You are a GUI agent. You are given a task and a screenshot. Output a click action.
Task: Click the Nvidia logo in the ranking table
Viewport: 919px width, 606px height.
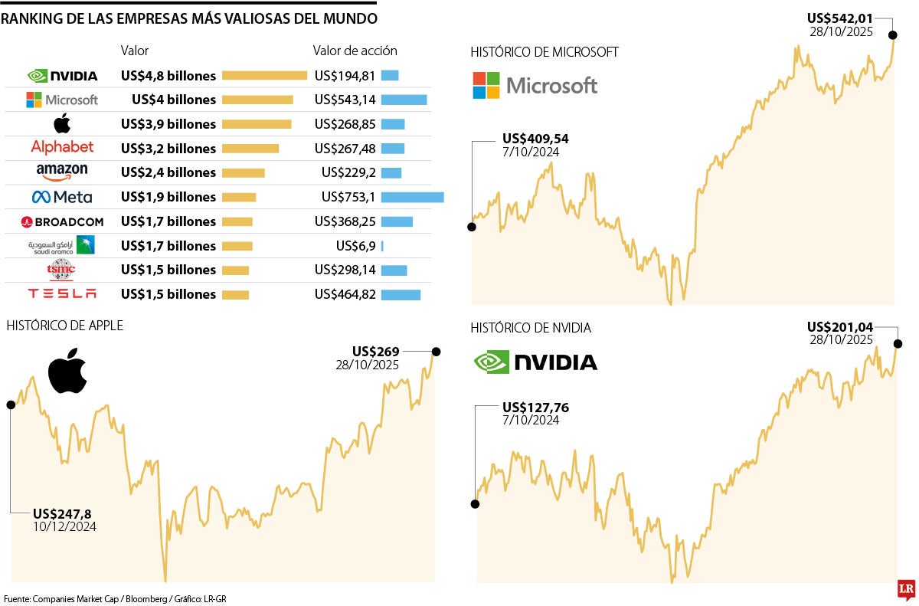[x=62, y=76]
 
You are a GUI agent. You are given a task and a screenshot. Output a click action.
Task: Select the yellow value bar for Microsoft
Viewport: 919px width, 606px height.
[x=257, y=100]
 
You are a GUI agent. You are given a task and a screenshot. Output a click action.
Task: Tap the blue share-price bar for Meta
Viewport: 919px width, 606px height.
[x=412, y=197]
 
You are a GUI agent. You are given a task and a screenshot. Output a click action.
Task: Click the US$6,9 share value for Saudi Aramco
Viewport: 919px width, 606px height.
[x=355, y=246]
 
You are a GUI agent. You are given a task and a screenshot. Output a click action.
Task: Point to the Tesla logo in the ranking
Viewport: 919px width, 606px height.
[x=62, y=294]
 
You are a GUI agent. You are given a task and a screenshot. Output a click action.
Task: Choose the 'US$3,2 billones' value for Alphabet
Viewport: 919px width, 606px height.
[x=168, y=148]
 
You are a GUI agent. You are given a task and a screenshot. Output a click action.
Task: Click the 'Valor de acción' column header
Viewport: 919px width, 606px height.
[x=355, y=51]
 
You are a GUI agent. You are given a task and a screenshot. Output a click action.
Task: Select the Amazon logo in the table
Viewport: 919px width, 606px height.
[x=62, y=172]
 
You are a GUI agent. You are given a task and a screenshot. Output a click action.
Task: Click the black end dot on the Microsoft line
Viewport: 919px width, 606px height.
[x=892, y=34]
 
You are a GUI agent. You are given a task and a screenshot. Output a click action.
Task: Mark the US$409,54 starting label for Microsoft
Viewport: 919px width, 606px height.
[x=535, y=139]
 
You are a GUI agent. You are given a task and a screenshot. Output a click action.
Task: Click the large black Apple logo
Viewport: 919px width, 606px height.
[x=67, y=372]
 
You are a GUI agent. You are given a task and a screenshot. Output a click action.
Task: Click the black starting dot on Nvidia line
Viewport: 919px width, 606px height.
[x=475, y=504]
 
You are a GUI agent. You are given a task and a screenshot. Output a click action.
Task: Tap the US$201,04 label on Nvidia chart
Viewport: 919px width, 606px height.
[x=840, y=326]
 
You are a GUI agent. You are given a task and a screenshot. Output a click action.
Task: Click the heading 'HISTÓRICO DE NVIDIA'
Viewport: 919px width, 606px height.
[x=531, y=328]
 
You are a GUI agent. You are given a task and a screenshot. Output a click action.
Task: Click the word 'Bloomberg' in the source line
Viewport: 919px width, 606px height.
[x=127, y=598]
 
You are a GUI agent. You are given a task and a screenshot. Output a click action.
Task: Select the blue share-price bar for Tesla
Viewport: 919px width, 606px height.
[x=401, y=294]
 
